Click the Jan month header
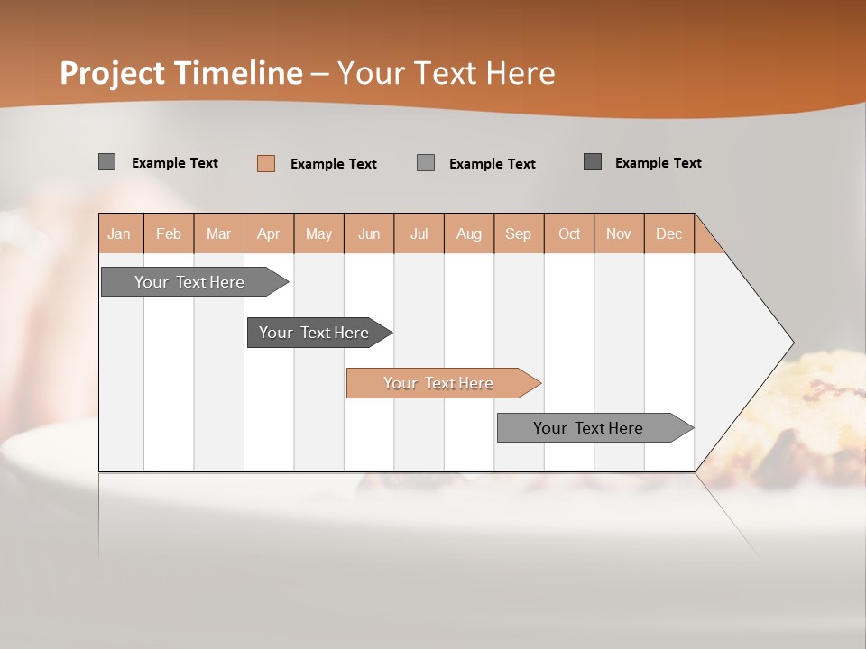point(119,233)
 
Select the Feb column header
point(169,233)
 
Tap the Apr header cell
point(269,233)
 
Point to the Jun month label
point(369,233)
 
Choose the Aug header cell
point(469,233)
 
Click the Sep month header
point(519,233)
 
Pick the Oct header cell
point(569,233)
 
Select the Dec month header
point(669,233)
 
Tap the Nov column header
point(619,233)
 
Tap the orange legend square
point(266,163)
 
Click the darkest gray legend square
point(593,162)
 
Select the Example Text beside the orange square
point(333,164)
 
